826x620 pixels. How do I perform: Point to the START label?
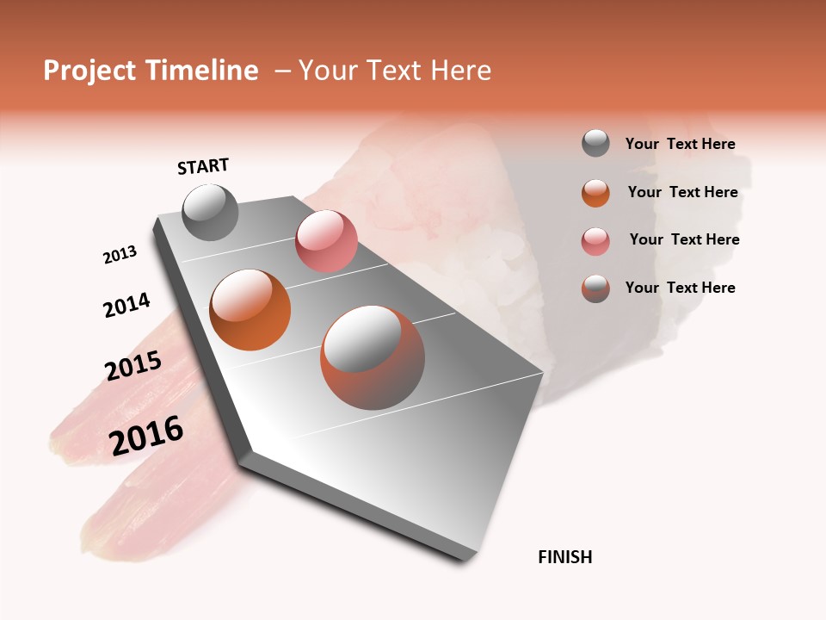203,166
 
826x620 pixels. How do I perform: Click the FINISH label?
565,557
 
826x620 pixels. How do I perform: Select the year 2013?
120,255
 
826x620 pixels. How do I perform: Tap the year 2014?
126,305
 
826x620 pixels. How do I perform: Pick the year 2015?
133,366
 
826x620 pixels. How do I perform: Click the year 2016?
146,436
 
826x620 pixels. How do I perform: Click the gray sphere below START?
210,213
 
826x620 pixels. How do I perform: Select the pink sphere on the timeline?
326,241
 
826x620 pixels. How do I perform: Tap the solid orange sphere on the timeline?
250,310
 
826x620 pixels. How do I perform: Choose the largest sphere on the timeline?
373,357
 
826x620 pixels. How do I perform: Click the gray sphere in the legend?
595,144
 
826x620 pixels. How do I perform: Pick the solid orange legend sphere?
595,192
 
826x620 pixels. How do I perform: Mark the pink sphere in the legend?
595,240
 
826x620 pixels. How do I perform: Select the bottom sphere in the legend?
595,288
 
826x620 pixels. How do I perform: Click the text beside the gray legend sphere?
681,144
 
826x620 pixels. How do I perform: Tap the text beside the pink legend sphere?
684,239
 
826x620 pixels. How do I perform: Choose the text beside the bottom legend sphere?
681,288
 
